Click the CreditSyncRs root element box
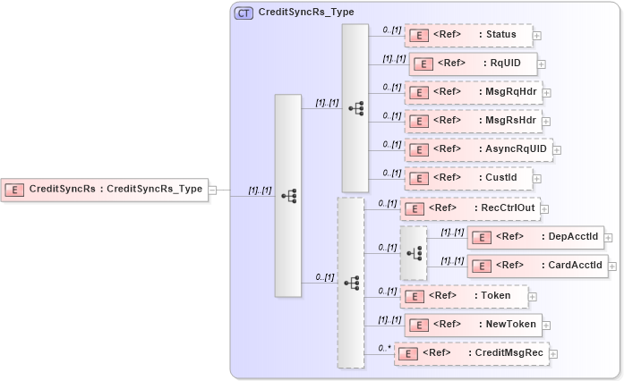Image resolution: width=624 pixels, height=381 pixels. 105,189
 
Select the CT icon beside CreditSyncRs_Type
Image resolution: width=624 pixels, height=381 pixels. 244,13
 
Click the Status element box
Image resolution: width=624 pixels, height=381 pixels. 467,36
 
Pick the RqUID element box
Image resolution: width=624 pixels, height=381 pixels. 472,64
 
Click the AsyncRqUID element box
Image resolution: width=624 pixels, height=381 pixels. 478,149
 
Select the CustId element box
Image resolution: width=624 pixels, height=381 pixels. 467,178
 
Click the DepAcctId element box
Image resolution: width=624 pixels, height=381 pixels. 534,237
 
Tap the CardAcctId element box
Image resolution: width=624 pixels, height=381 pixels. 537,266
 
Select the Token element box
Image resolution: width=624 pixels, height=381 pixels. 463,295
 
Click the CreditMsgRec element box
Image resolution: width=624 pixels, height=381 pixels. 471,353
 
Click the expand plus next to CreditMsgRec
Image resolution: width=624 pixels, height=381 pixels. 553,354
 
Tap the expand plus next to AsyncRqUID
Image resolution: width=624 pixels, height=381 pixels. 558,150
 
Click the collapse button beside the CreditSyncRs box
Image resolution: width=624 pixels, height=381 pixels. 213,190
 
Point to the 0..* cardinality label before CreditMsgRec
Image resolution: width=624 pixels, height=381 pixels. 385,348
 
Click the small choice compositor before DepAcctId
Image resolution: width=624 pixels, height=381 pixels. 414,253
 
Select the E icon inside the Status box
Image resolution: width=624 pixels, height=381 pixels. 416,36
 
